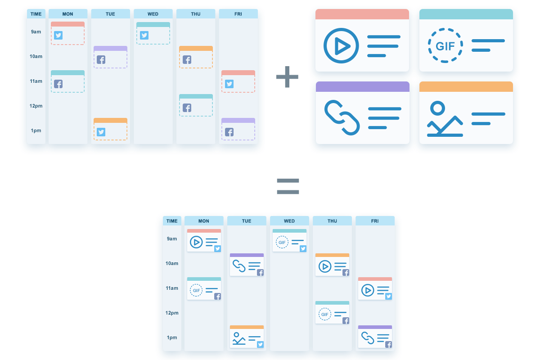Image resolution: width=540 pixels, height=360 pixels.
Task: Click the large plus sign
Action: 287,76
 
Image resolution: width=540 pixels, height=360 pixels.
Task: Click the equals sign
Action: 288,186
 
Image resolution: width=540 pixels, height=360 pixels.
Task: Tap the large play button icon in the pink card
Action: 341,46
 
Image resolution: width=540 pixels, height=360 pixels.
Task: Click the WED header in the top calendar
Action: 153,14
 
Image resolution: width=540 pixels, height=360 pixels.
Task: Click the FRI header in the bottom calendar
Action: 375,221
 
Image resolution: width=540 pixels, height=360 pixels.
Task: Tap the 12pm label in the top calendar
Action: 36,106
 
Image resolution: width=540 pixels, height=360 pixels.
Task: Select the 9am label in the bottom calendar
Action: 172,238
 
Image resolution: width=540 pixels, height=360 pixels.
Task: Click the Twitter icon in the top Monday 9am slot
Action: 58,35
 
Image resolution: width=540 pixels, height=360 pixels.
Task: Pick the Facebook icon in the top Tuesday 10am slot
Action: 101,59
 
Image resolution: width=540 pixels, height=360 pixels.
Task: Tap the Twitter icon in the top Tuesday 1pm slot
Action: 101,132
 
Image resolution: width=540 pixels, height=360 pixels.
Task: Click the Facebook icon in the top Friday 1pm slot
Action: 229,132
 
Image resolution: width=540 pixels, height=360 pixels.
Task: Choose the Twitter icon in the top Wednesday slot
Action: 144,35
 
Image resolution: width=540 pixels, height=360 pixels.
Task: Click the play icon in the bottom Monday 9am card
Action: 196,242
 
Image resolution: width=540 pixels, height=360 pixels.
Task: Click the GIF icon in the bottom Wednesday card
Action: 282,242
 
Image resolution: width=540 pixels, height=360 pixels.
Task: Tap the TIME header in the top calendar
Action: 36,14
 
